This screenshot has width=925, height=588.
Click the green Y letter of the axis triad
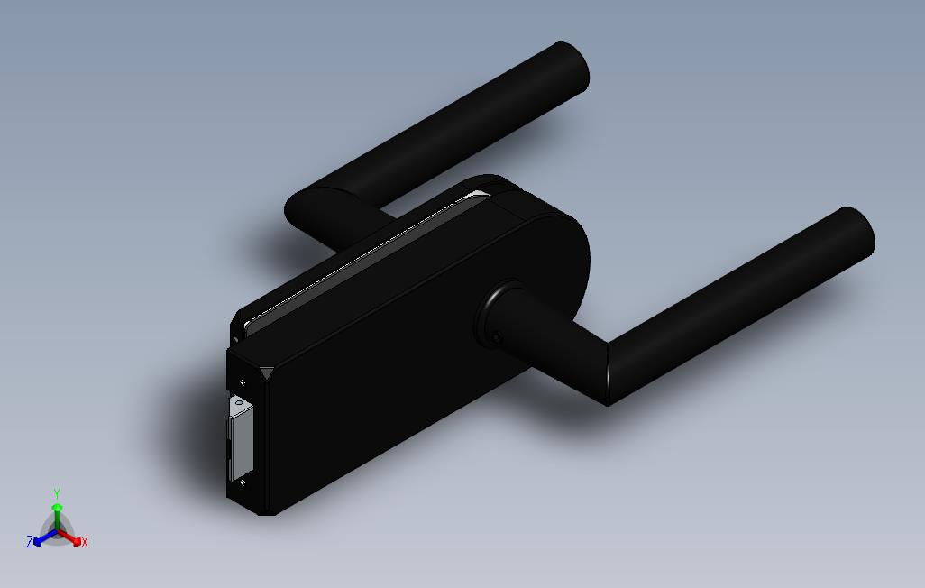[56, 493]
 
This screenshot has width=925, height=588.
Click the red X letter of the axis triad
[84, 542]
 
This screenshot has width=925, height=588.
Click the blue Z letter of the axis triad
[30, 542]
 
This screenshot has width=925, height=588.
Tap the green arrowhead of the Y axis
[57, 508]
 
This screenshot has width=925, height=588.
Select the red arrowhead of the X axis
[76, 540]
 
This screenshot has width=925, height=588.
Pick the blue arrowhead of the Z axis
[38, 540]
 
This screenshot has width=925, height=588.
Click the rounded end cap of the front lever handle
[856, 234]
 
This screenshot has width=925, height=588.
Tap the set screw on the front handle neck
[497, 339]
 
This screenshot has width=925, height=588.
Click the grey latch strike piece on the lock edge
[242, 440]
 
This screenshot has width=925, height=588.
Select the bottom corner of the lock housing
[267, 513]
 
